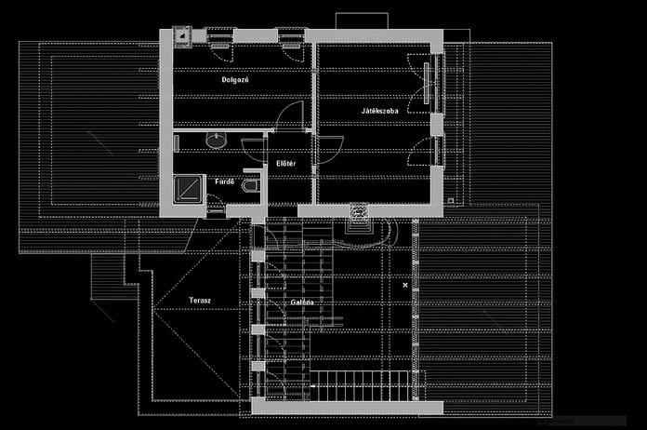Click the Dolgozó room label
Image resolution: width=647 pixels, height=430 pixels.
pyautogui.click(x=234, y=80)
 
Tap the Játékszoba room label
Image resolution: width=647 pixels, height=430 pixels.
pyautogui.click(x=380, y=112)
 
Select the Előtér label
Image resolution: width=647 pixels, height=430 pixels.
pyautogui.click(x=286, y=165)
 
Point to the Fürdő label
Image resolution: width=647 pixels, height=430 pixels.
pyautogui.click(x=224, y=181)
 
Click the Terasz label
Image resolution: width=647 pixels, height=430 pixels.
pyautogui.click(x=199, y=302)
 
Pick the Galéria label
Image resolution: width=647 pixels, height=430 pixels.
pyautogui.click(x=301, y=302)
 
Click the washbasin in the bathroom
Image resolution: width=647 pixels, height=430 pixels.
pyautogui.click(x=217, y=140)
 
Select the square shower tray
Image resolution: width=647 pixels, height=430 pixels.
pyautogui.click(x=189, y=189)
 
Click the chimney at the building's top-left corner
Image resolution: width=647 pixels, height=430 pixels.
pyautogui.click(x=184, y=37)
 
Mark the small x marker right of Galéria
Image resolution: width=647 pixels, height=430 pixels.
pyautogui.click(x=404, y=285)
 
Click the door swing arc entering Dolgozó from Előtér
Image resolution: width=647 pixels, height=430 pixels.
pyautogui.click(x=292, y=115)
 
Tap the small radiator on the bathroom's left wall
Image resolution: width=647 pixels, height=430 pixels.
pyautogui.click(x=176, y=141)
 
